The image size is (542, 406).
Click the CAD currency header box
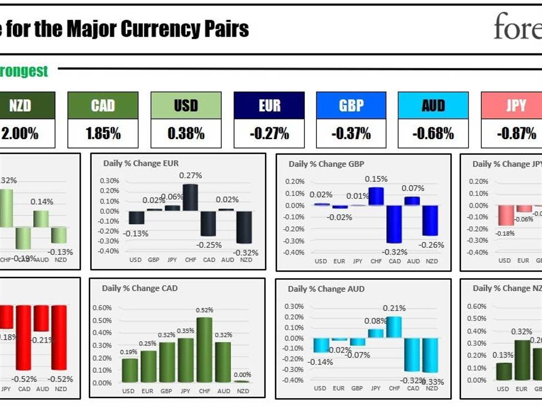click(x=103, y=105)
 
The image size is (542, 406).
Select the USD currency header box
click(x=186, y=105)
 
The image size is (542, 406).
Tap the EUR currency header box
click(x=269, y=105)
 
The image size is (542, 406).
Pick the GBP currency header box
click(x=351, y=105)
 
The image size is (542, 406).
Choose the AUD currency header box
click(x=433, y=105)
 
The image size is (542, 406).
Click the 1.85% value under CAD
click(x=103, y=134)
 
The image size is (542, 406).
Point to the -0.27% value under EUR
click(x=269, y=134)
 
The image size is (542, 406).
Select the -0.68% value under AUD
click(x=433, y=134)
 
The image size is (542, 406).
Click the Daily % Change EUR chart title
click(x=140, y=164)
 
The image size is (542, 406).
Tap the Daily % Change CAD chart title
click(x=140, y=288)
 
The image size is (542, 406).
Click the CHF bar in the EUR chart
click(x=190, y=197)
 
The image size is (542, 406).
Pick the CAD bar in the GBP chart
click(x=394, y=224)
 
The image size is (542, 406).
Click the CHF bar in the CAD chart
click(x=204, y=350)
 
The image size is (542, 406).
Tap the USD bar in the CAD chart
click(x=130, y=370)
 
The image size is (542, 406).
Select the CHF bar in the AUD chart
click(x=394, y=327)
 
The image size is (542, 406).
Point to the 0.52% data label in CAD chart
click(x=204, y=310)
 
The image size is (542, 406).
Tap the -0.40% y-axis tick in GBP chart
click(x=295, y=252)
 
